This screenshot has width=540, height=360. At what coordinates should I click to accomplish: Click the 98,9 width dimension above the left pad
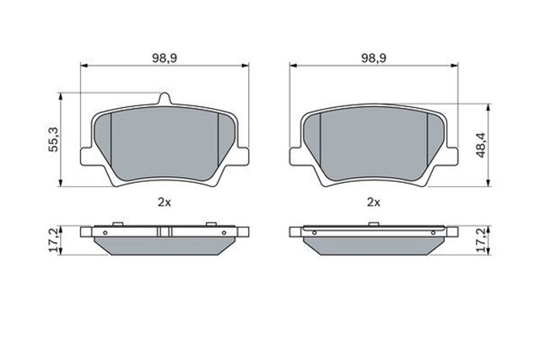163,56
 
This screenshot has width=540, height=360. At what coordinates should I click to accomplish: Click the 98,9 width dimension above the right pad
374,56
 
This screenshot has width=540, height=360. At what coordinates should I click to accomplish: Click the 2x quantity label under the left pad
164,202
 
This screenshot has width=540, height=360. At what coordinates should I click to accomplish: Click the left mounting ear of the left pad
86,158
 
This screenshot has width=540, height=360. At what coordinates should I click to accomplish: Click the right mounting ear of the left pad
243,158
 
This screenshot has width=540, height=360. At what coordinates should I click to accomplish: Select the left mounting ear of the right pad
296,158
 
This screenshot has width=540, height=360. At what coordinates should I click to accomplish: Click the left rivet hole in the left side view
105,230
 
